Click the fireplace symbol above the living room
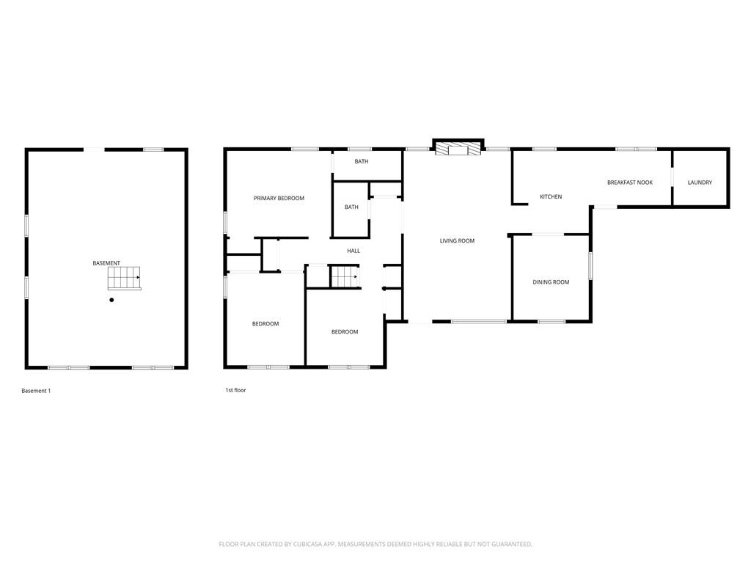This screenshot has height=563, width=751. [x=458, y=149]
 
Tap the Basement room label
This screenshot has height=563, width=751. [x=106, y=263]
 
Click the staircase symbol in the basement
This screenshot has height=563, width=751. [x=124, y=279]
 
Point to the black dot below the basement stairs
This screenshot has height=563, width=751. [x=111, y=300]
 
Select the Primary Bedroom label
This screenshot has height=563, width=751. [x=279, y=198]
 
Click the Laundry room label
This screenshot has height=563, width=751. [x=700, y=183]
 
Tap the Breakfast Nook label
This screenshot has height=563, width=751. [x=629, y=183]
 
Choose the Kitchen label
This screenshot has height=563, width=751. [x=551, y=196]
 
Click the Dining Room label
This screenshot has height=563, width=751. [x=551, y=282]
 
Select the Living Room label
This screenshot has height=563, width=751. [x=457, y=240]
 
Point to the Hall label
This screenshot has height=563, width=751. [x=353, y=251]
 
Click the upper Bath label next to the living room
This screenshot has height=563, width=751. [x=362, y=161]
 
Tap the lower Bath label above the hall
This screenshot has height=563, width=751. [x=351, y=207]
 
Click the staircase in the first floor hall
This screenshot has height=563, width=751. [x=343, y=277]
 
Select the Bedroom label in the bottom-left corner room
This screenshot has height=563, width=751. [x=265, y=323]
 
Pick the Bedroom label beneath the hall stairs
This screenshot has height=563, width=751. [x=345, y=331]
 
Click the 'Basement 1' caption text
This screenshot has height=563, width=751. [x=36, y=391]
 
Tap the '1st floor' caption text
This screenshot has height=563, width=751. [x=235, y=390]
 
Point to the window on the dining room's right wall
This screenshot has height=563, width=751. [x=590, y=265]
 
